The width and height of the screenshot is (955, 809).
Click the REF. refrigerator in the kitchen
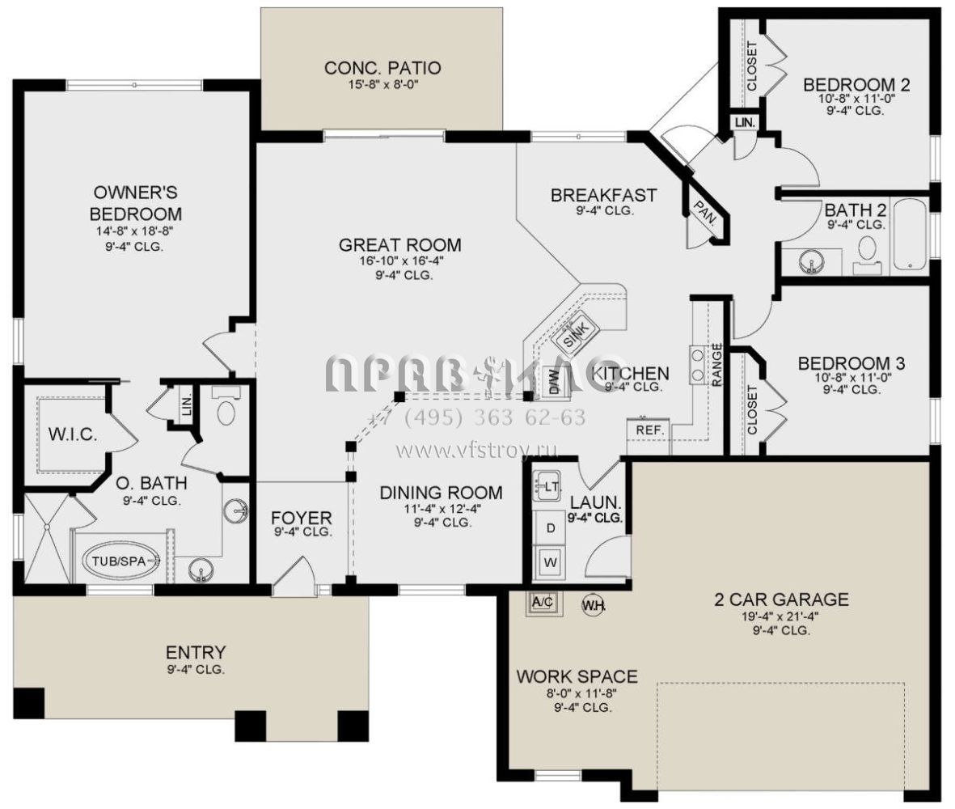pyautogui.click(x=649, y=430)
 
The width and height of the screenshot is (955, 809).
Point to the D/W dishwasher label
pyautogui.click(x=554, y=382)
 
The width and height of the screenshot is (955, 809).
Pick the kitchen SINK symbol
pyautogui.click(x=577, y=334)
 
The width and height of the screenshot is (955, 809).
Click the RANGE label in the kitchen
pyautogui.click(x=717, y=365)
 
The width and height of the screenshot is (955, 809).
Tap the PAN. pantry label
pyautogui.click(x=705, y=214)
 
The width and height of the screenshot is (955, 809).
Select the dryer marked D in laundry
pyautogui.click(x=551, y=527)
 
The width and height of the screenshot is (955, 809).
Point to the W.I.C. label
pyautogui.click(x=73, y=434)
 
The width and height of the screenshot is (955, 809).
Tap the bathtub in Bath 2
pyautogui.click(x=910, y=235)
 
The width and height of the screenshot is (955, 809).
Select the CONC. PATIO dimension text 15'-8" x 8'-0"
pyautogui.click(x=383, y=85)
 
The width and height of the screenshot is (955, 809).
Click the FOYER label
pyautogui.click(x=302, y=518)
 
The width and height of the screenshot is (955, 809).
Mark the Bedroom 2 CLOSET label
pyautogui.click(x=751, y=66)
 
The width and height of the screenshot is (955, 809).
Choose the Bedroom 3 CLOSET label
pyautogui.click(x=751, y=409)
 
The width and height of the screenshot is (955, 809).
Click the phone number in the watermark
pyautogui.click(x=477, y=417)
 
